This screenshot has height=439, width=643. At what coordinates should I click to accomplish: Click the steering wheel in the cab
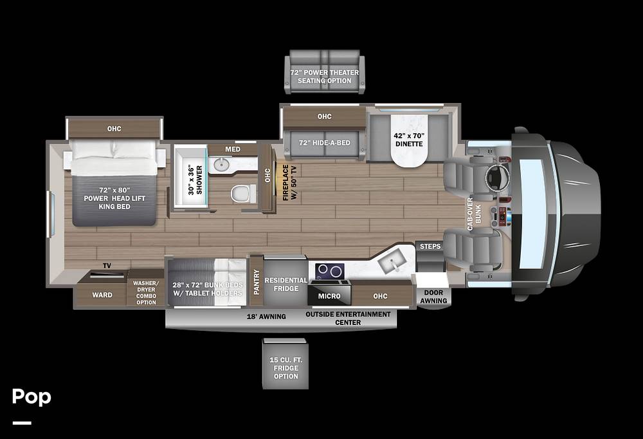[x=498, y=178]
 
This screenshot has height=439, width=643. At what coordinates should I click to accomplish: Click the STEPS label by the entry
[x=430, y=247]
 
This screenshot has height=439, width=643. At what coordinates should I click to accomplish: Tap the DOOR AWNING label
[x=433, y=297]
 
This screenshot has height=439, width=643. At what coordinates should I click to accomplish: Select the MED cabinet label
[x=233, y=149]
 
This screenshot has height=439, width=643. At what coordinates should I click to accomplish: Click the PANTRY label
[x=257, y=282]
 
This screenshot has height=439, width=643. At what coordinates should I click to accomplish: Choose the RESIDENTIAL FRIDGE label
[x=286, y=285]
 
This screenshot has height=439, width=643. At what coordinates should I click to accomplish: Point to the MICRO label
[x=329, y=296]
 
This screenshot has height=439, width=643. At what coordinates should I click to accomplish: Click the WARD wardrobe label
[x=102, y=295]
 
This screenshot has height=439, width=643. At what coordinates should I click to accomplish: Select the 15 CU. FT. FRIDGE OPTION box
[x=285, y=364]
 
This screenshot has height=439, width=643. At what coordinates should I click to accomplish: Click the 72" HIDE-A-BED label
[x=324, y=143]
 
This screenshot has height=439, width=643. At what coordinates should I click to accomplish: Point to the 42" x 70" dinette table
[x=409, y=140]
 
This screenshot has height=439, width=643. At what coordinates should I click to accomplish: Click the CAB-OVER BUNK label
[x=474, y=214]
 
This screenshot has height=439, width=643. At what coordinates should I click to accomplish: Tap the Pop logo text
[x=32, y=397]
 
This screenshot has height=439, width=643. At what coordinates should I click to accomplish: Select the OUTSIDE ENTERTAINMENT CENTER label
[x=348, y=318]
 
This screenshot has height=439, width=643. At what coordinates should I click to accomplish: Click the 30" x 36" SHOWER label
[x=195, y=180]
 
